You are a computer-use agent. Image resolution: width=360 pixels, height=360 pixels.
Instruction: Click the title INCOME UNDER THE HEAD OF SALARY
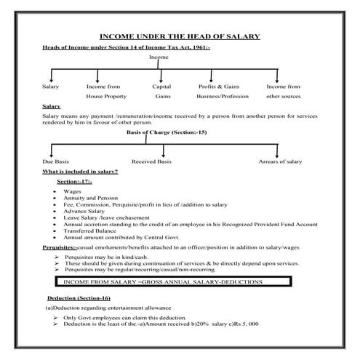coord(179,36)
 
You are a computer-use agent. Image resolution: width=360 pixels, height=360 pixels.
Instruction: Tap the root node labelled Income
coord(159,57)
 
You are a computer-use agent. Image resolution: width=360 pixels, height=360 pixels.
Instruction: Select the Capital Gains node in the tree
coord(161,91)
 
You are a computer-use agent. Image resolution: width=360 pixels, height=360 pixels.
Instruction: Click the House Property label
coord(105,95)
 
